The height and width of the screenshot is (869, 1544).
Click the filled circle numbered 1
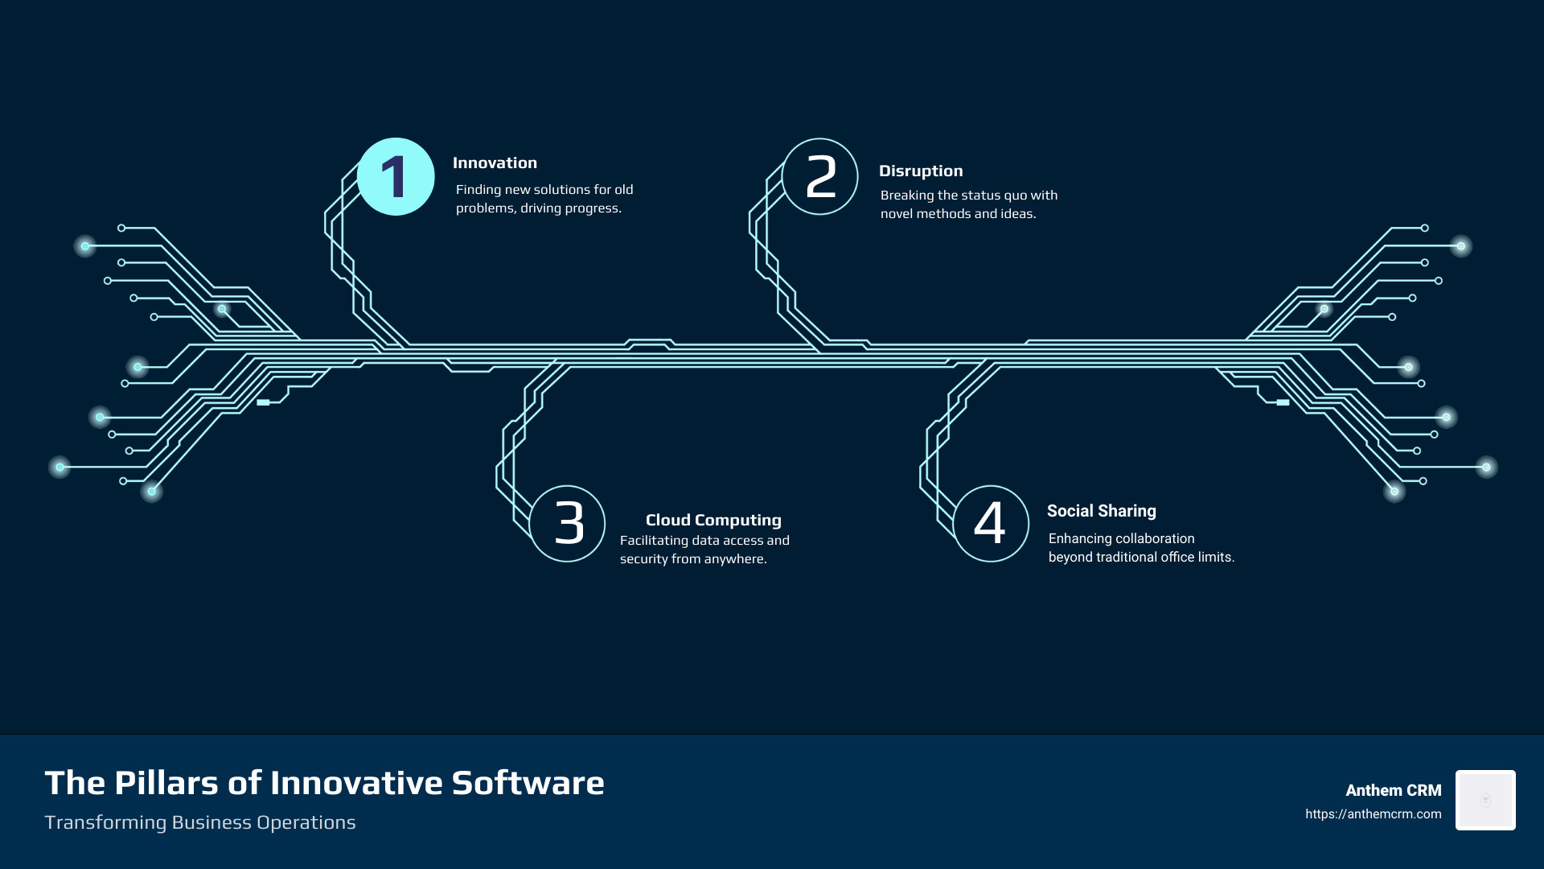pos(396,177)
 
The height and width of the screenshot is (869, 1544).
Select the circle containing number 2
pos(820,177)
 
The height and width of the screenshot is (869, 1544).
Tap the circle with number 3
pos(568,523)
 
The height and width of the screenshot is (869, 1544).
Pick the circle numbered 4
pos(991,523)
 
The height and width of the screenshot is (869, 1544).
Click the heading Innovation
pos(495,163)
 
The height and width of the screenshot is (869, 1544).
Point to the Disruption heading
pos(921,171)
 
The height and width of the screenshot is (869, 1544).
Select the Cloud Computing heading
pos(713,521)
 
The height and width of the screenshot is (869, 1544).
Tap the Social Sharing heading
pos(1101,511)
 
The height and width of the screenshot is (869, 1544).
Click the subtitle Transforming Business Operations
pos(199,822)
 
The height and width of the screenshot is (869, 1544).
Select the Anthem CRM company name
pos(1393,791)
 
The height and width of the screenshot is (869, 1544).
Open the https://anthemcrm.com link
pos(1373,814)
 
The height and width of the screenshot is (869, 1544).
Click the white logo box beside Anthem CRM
pos(1485,800)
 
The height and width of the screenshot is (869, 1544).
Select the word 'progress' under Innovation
pos(593,208)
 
